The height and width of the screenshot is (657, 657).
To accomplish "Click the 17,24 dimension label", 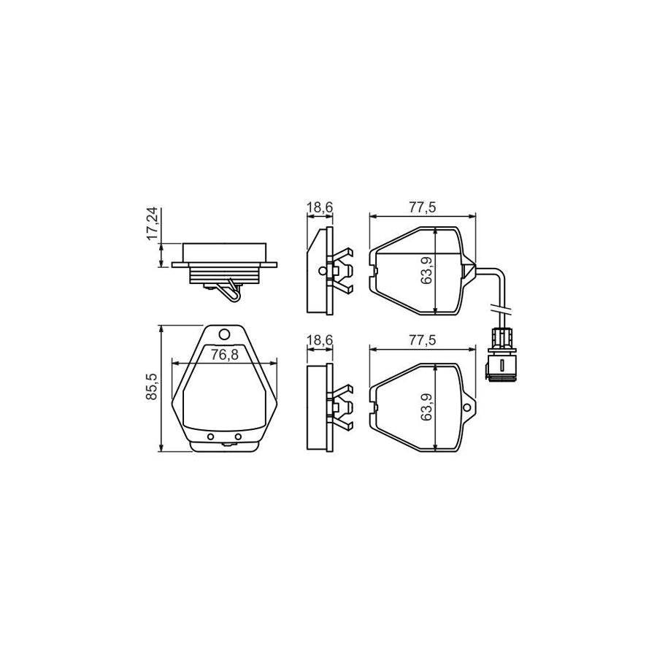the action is tap(153, 223).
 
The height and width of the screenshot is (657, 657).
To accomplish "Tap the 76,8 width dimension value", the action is tap(224, 355).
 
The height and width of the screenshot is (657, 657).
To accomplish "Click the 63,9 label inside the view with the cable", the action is tap(427, 271).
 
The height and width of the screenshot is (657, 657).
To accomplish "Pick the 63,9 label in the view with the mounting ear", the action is tap(427, 407).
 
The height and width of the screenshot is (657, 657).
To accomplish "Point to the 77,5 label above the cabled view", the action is tap(423, 207).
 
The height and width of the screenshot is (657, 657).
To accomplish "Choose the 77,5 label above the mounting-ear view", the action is tap(423, 340).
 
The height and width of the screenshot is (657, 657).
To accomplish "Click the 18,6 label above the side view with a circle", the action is tap(320, 207).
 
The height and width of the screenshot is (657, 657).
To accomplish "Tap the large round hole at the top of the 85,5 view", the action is tap(225, 335).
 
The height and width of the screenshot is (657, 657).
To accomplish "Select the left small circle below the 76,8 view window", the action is tap(211, 437).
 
